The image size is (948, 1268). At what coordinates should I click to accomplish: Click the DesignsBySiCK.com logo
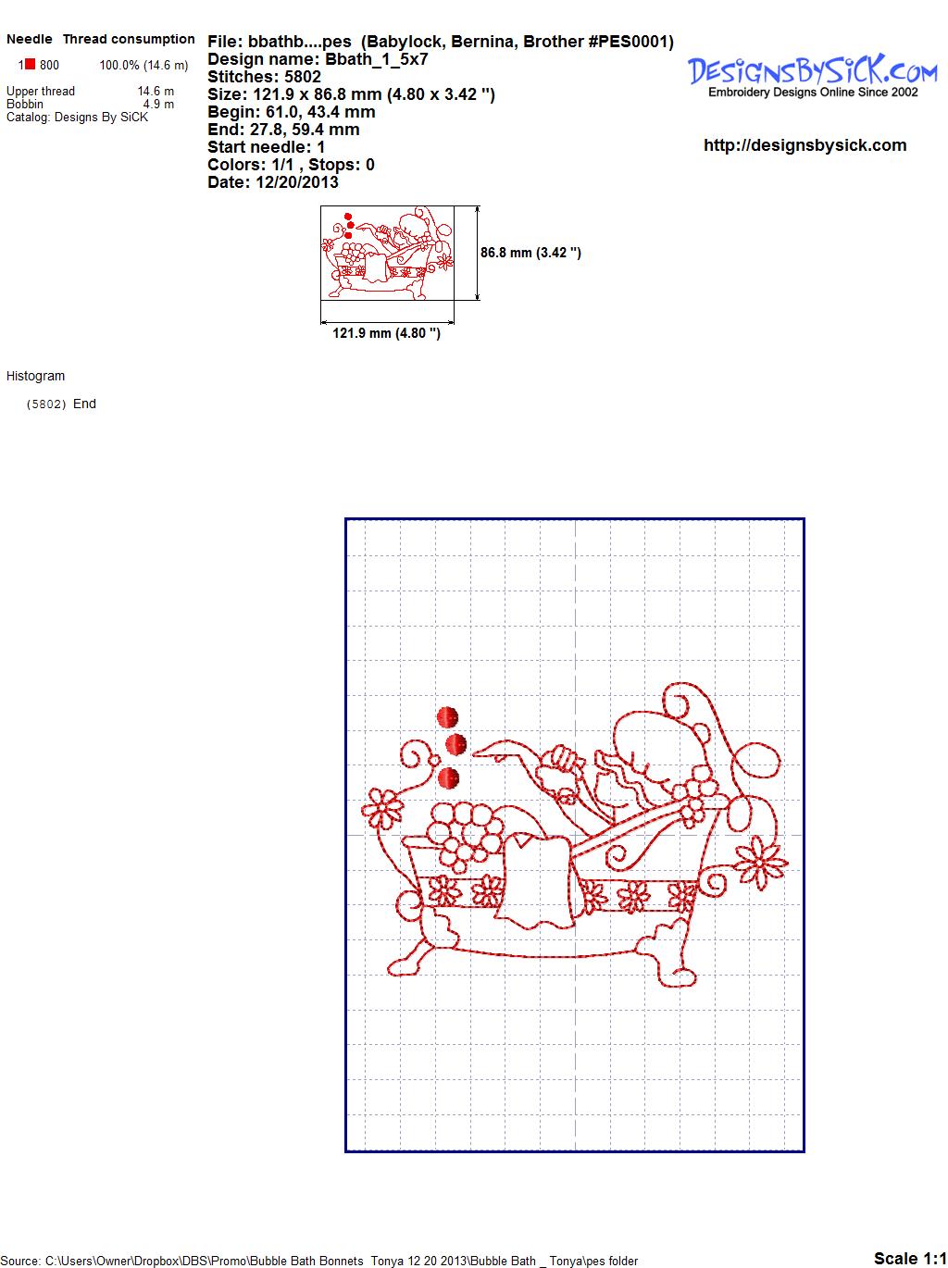(812, 76)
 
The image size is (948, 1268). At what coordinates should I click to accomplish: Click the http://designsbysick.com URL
(805, 145)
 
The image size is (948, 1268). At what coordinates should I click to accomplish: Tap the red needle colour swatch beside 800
(31, 64)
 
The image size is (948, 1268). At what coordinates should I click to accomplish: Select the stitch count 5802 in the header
(302, 77)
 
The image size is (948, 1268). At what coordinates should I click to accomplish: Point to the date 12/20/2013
(297, 182)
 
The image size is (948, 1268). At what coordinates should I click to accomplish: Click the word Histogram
(35, 376)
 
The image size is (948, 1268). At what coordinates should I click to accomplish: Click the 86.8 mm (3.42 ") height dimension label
(530, 253)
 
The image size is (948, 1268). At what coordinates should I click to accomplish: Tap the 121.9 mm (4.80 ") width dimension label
(386, 333)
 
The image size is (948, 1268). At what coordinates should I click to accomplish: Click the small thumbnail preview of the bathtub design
(387, 253)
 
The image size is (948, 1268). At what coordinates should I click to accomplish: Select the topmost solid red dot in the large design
(447, 717)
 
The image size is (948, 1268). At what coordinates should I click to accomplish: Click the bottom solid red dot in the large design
(448, 778)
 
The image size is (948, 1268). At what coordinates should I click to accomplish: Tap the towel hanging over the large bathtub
(535, 881)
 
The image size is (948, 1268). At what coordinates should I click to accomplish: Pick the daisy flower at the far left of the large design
(381, 808)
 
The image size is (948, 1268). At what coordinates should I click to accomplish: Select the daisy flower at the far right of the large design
(760, 862)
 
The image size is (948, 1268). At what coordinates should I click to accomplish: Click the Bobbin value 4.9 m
(158, 104)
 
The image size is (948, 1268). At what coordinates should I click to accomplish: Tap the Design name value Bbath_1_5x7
(376, 59)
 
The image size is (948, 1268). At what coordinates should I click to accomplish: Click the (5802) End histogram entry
(61, 404)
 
